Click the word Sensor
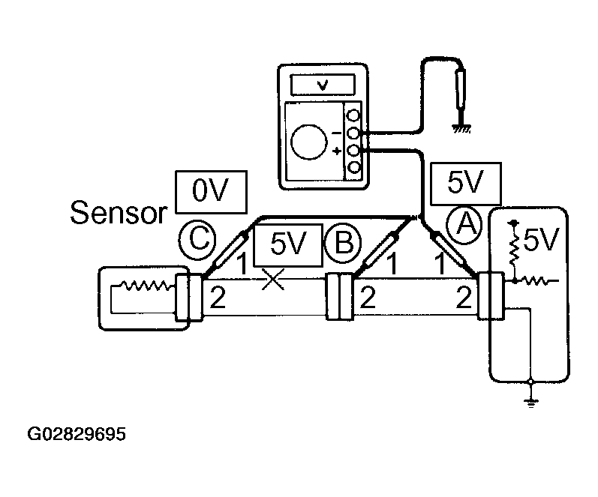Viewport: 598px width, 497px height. pyautogui.click(x=119, y=212)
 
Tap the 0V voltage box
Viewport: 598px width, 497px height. pyautogui.click(x=211, y=192)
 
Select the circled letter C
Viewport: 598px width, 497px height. pyautogui.click(x=197, y=240)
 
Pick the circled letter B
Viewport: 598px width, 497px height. pyautogui.click(x=343, y=242)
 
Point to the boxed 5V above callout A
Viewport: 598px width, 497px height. pyautogui.click(x=466, y=184)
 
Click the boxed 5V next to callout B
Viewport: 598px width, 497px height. pyautogui.click(x=288, y=245)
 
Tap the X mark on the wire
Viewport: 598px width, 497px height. pyautogui.click(x=273, y=279)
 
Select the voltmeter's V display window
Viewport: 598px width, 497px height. pyautogui.click(x=323, y=85)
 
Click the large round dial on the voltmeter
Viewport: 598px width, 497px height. pyautogui.click(x=309, y=142)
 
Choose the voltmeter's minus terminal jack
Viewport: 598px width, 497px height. pyautogui.click(x=354, y=133)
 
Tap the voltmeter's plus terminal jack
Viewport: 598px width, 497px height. pyautogui.click(x=354, y=151)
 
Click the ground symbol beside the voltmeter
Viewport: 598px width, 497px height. pyautogui.click(x=461, y=129)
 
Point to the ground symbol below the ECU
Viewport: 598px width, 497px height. pyautogui.click(x=530, y=403)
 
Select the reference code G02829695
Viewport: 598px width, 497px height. pyautogui.click(x=77, y=434)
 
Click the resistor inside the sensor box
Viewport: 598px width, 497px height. pyautogui.click(x=144, y=285)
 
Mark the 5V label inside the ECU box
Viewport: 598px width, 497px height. pyautogui.click(x=541, y=240)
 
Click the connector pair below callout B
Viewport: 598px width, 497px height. pyautogui.click(x=338, y=296)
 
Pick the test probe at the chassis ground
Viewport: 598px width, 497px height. pyautogui.click(x=461, y=89)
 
